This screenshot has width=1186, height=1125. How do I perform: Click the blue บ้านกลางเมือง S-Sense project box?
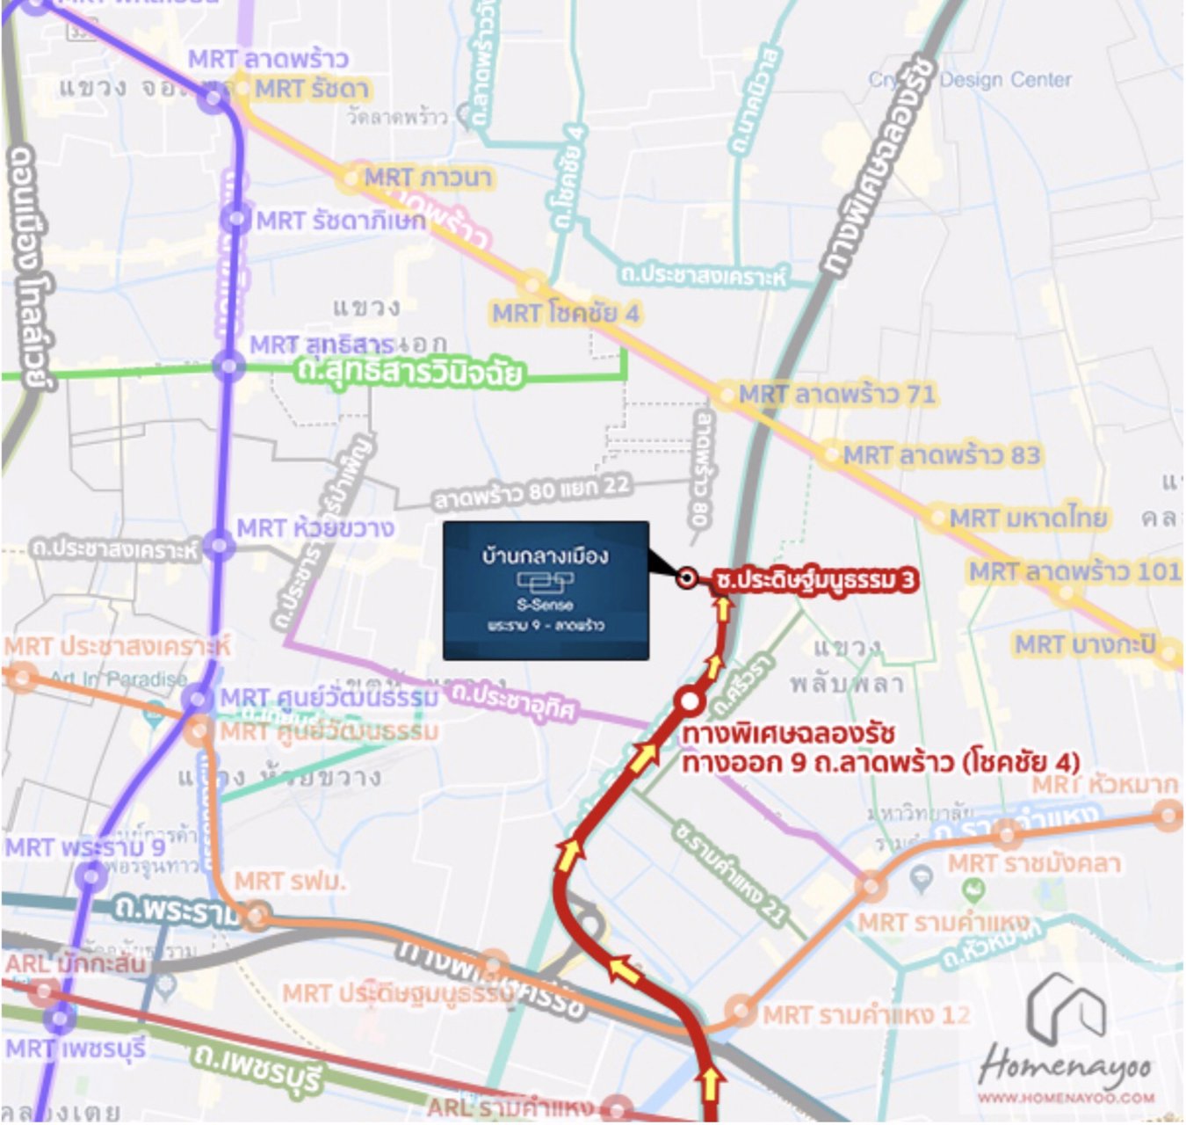[546, 591]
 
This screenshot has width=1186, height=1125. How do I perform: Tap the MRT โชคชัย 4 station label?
[566, 314]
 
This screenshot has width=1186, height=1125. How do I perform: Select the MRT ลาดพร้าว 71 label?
[837, 394]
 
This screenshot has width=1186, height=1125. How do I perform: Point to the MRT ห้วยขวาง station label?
[315, 528]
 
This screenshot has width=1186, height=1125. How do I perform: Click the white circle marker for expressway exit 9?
[691, 701]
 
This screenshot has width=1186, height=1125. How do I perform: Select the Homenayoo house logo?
[1066, 1008]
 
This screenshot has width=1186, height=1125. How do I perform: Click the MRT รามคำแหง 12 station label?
[866, 1015]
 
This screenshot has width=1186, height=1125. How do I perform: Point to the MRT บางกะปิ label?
[1085, 644]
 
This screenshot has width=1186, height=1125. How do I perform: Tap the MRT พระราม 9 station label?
[84, 848]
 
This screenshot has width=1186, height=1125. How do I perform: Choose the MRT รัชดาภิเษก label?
[341, 221]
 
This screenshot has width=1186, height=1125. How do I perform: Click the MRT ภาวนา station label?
[428, 178]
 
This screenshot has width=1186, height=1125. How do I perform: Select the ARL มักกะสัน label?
[76, 964]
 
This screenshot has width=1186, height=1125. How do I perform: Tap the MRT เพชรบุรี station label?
[76, 1049]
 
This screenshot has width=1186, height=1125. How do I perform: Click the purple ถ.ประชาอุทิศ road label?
[514, 701]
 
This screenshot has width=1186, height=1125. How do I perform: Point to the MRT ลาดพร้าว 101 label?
[1074, 571]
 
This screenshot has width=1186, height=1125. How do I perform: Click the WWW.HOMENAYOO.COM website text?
[1067, 1098]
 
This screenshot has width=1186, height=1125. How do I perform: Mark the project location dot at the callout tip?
[687, 577]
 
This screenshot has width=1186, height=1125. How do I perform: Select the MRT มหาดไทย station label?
[1028, 518]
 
